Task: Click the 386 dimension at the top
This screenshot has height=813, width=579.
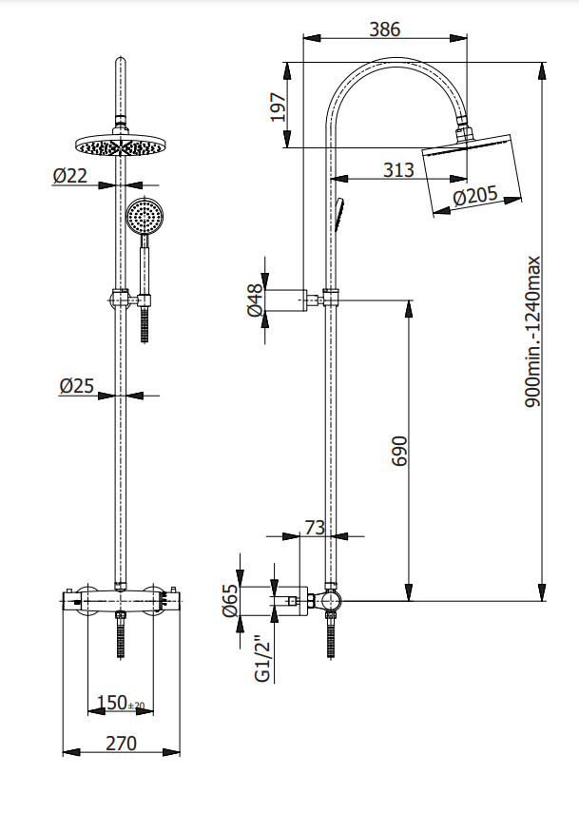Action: coord(385,29)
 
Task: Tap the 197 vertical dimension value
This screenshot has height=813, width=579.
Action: coord(279,107)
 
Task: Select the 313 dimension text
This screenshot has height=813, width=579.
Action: coord(398,169)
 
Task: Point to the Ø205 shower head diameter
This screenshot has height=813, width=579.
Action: coord(474,196)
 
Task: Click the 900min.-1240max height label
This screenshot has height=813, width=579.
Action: coord(532,332)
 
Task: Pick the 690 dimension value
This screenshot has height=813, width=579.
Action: coord(399,451)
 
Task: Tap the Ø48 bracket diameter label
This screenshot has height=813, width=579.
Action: coord(256,300)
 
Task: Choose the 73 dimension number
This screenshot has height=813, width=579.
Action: coord(315,528)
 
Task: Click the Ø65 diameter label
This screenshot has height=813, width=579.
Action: coord(230,600)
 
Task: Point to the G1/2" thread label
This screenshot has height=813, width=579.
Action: coord(263,658)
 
